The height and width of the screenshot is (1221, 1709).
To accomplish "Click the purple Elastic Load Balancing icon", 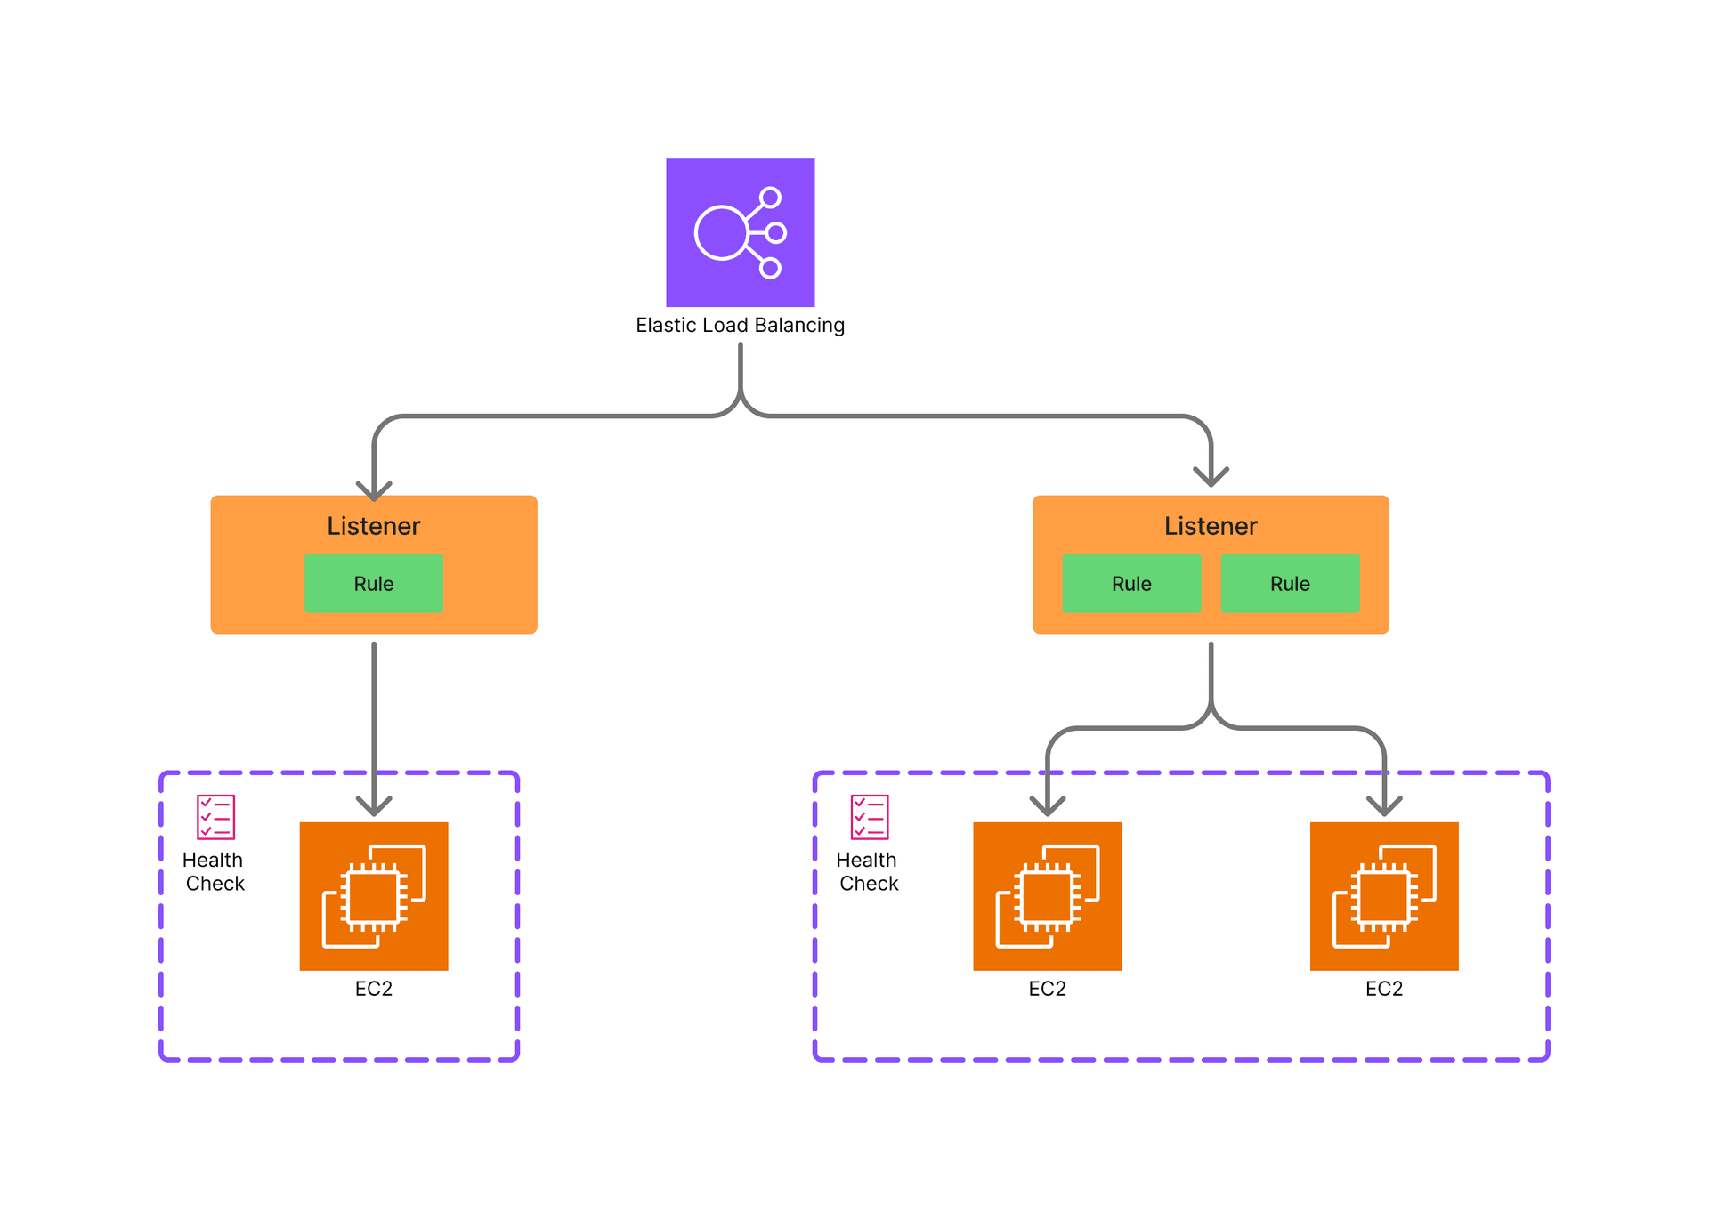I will [740, 232].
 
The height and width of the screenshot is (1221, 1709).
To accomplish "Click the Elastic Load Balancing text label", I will [740, 325].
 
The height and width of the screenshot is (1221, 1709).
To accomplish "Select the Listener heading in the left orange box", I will [373, 526].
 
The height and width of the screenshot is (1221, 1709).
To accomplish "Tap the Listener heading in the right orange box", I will [1211, 526].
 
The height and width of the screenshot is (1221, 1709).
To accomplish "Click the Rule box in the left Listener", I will [373, 584].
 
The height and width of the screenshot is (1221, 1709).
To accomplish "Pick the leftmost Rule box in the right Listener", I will [1131, 584].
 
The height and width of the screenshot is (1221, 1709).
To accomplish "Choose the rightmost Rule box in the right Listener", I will [1290, 584].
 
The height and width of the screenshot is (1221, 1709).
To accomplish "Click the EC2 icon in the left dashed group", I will [374, 896].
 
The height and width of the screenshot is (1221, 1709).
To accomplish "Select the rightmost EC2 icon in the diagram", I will [1384, 896].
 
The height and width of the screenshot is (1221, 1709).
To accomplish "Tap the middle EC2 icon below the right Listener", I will [1048, 896].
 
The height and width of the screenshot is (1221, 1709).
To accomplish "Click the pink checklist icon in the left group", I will [215, 817].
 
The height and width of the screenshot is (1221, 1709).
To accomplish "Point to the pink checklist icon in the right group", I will [870, 817].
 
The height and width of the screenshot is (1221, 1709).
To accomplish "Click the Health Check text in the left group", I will [214, 871].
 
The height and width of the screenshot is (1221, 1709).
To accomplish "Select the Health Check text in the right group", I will [868, 871].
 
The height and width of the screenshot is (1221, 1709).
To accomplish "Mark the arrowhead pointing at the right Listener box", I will [1211, 477].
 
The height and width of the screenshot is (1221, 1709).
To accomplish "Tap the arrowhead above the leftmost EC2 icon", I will [374, 806].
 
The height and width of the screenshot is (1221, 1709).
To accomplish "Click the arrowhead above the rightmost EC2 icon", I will [1384, 806].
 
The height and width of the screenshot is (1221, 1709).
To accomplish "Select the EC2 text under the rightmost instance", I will [1384, 989].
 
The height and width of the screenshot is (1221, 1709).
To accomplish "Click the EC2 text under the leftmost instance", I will [374, 989].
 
